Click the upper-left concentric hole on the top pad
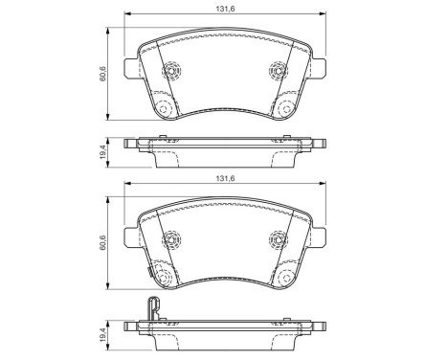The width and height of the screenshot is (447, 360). (172, 72)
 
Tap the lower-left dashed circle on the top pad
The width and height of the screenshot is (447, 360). (164, 109)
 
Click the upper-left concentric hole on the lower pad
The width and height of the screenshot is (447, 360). (172, 239)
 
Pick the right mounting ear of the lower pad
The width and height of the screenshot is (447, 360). (323, 236)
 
